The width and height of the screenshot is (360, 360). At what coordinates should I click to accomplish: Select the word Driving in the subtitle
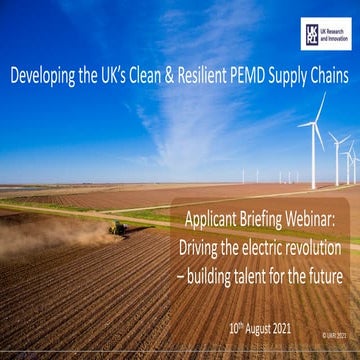click(x=202, y=245)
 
